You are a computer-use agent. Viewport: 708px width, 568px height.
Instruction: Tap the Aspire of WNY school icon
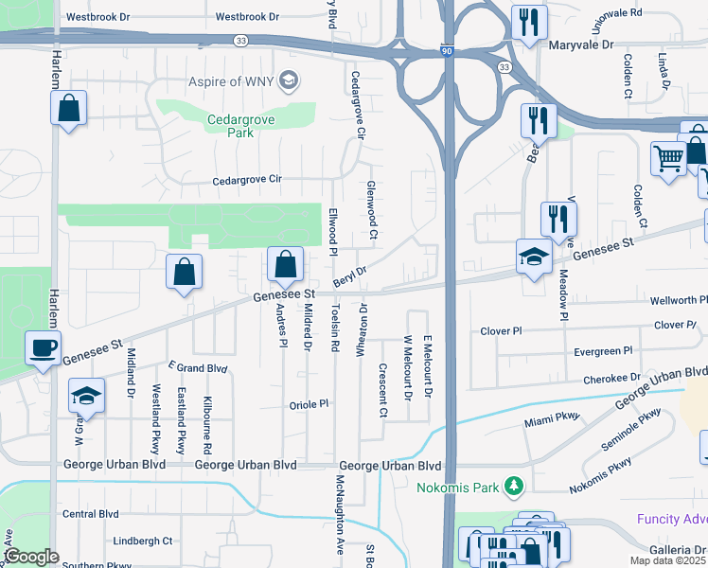point(290,82)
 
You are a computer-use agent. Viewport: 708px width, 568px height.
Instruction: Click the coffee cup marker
point(43,348)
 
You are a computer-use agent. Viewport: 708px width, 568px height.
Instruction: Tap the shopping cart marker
point(668,158)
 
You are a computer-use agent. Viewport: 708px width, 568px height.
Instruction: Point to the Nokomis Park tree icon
point(514,487)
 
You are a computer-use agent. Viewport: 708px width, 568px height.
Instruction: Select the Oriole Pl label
point(310,403)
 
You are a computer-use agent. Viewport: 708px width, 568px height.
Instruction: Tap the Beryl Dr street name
point(350,276)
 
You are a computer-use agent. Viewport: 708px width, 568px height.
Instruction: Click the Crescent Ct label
point(383,391)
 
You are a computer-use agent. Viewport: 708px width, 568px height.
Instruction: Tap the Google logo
point(31,557)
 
